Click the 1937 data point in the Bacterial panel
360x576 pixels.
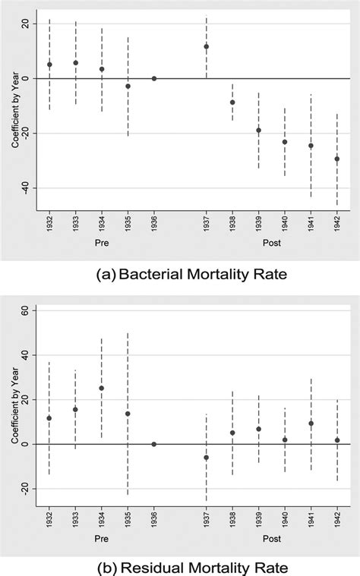[x=206, y=46]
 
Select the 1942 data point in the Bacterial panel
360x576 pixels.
[x=336, y=159]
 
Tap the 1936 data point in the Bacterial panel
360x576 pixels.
[x=154, y=78]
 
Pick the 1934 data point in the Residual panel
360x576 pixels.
[x=102, y=388]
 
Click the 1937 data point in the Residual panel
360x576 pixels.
[x=206, y=458]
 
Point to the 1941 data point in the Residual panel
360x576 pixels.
[x=311, y=423]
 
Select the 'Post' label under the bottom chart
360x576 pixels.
[x=271, y=542]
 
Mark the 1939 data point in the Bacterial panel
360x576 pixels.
[x=258, y=130]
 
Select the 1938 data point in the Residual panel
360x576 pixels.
[x=232, y=433]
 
